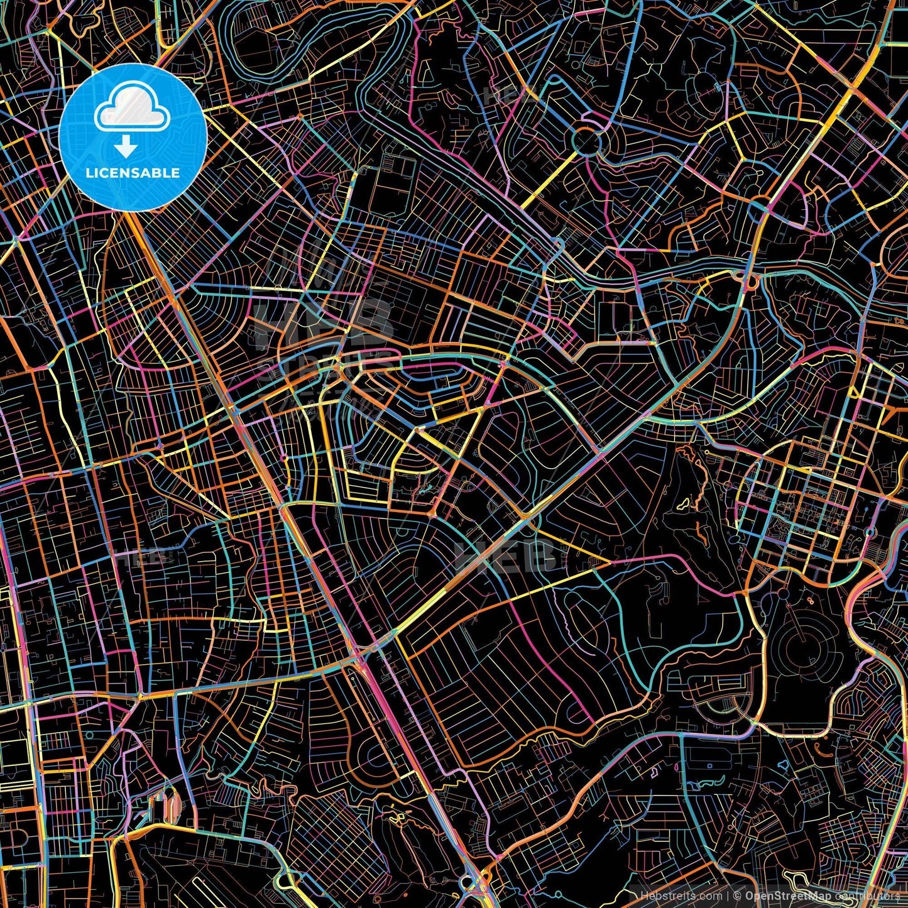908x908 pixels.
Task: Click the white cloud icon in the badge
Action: pyautogui.click(x=133, y=108)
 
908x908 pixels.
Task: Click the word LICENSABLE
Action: pyautogui.click(x=133, y=173)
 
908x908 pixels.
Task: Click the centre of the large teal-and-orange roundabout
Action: pyautogui.click(x=587, y=141)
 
